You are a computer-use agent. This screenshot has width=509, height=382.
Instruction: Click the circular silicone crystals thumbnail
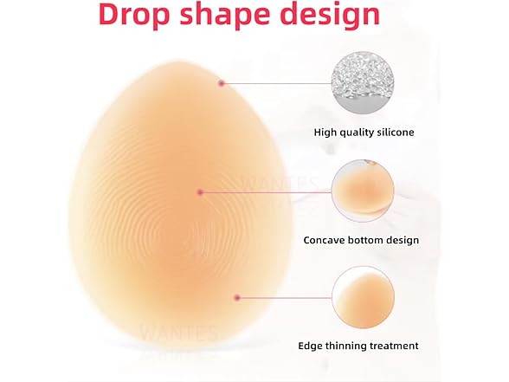(x=364, y=83)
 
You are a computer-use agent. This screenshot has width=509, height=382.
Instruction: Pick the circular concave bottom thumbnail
(x=364, y=191)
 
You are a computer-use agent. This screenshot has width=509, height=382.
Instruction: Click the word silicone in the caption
(x=390, y=133)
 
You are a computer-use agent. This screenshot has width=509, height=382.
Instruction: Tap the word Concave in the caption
(x=327, y=240)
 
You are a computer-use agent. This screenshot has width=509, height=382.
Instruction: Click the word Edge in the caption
(x=316, y=346)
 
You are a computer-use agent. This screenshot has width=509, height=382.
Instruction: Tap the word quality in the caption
(x=357, y=133)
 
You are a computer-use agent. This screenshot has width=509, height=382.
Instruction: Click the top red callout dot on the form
(x=222, y=83)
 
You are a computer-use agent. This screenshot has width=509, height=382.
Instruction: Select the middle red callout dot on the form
(x=201, y=191)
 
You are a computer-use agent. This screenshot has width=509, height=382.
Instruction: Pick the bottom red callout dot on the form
(x=236, y=298)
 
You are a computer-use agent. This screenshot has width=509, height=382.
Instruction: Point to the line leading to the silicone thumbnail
(x=277, y=83)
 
